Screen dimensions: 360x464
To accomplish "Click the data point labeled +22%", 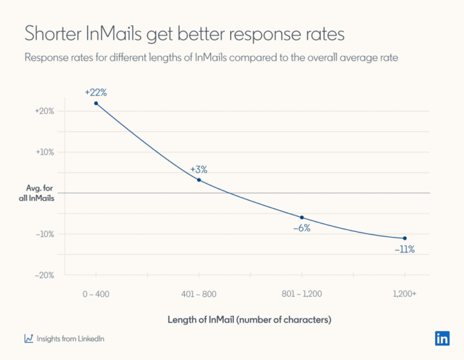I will [95, 103].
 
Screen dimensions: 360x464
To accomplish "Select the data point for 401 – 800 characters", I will [199, 180].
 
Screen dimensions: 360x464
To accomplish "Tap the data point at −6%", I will [301, 217].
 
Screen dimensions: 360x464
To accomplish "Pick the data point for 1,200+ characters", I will [405, 238].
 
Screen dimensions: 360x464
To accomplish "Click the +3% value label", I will [199, 169].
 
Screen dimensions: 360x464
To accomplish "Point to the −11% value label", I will [404, 249].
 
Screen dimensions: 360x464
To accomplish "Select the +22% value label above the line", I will [96, 92].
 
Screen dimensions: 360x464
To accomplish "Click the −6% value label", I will [301, 228].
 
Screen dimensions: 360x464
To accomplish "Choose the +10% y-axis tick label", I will [45, 152].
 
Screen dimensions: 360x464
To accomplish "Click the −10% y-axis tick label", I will [45, 234].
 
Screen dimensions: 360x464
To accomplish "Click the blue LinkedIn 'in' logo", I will [442, 338].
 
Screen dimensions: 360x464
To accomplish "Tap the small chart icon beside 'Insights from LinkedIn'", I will [28, 338].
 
